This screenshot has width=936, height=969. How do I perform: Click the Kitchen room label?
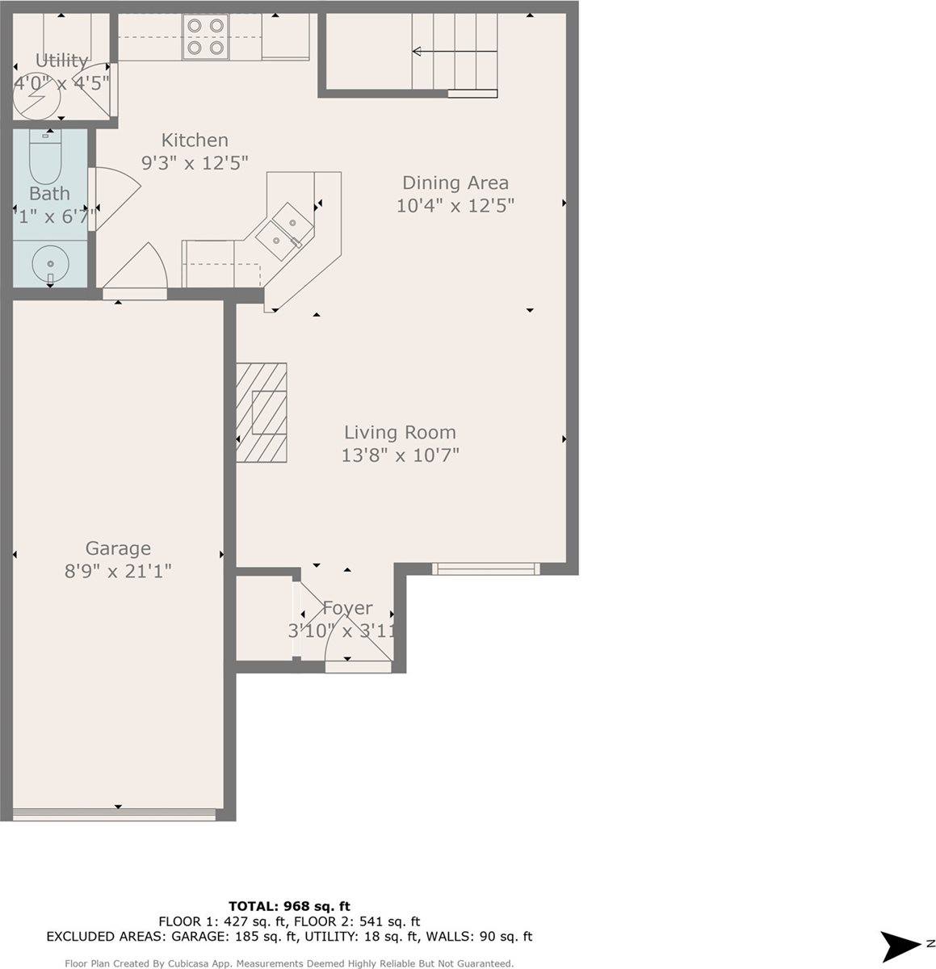click(195, 140)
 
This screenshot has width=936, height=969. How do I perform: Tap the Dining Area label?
click(455, 182)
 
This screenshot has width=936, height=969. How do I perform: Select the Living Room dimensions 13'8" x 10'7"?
click(400, 455)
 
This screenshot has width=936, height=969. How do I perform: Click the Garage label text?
click(118, 548)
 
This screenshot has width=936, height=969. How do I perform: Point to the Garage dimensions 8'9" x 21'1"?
click(118, 571)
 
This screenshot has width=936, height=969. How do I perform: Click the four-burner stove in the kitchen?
click(205, 37)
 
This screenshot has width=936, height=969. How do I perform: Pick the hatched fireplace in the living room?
click(262, 413)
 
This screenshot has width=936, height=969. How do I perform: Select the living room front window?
click(485, 568)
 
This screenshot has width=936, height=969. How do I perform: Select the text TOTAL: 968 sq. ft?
click(289, 906)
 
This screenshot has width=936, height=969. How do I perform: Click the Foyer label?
click(347, 608)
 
